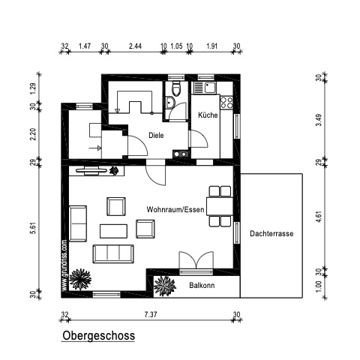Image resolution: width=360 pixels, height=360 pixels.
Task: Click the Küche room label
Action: coord(208,115)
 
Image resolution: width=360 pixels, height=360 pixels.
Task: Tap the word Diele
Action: coord(156,136)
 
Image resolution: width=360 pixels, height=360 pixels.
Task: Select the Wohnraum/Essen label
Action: coord(175,209)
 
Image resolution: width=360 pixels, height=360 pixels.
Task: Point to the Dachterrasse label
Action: coord(271,233)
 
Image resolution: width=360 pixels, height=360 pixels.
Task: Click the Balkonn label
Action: coord(202,285)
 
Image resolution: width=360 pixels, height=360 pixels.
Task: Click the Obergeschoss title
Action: coord(98,335)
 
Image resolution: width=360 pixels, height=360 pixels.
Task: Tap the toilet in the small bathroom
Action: coord(176,88)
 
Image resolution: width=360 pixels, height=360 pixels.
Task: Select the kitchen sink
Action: coord(205,88)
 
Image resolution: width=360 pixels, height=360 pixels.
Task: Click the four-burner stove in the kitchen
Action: coord(226,103)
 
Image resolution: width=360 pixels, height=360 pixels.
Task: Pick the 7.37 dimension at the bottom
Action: coord(151,314)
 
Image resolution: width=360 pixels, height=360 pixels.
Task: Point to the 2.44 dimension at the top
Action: coord(135,46)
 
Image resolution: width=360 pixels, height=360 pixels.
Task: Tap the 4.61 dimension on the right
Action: coord(319,217)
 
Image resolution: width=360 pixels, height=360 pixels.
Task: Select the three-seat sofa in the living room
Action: coord(113,254)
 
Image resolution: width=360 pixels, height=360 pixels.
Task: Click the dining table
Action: coord(220,206)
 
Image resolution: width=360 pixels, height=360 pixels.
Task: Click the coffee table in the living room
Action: coord(113,231)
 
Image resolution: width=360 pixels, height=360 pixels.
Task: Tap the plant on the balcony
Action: coord(164,286)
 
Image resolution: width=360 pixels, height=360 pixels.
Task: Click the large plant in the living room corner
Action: coord(80,280)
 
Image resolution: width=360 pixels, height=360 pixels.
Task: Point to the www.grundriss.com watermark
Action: coord(64,265)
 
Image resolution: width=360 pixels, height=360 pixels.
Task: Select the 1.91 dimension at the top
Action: coord(211,46)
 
